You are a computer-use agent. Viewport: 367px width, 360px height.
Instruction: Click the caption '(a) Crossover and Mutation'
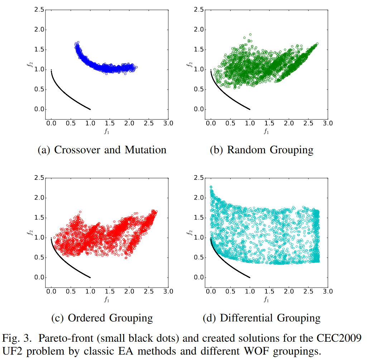tap(102, 149)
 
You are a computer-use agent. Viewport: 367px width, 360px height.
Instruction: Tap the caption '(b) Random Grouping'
tap(261, 149)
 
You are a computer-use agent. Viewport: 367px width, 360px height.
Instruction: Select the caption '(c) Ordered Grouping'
tap(102, 317)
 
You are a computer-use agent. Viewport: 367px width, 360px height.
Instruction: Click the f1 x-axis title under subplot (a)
tap(107, 131)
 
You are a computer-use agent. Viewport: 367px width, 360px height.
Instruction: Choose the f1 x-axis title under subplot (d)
tap(266, 299)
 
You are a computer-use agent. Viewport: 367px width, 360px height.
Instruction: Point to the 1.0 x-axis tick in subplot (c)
tap(90, 291)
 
